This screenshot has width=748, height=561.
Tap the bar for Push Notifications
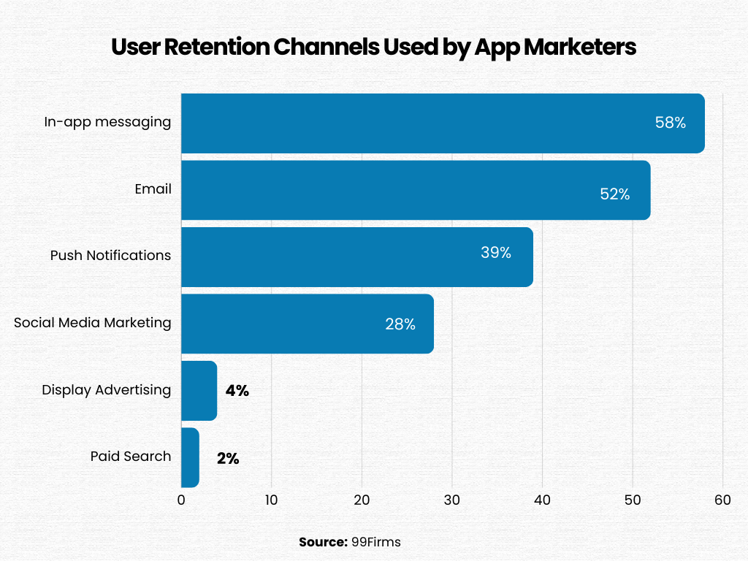point(357,256)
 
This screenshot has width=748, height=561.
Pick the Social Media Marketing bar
point(308,324)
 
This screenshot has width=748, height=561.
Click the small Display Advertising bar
point(199,390)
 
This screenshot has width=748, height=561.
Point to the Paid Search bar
point(190,457)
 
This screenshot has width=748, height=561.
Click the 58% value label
point(670,123)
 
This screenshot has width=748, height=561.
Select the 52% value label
point(614,194)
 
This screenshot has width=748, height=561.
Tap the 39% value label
point(496,253)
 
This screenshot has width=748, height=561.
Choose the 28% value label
point(400,324)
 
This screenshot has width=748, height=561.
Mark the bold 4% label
point(237,391)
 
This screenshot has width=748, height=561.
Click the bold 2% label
point(228,459)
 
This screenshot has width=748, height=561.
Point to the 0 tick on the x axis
point(181,500)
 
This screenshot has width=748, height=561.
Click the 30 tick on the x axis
point(452,500)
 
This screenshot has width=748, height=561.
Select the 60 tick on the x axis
point(722,500)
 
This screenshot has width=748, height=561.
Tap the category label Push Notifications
point(110,256)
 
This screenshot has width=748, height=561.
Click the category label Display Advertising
point(106,390)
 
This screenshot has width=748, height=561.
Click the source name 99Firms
point(375,542)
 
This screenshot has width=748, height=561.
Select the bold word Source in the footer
point(322,542)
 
